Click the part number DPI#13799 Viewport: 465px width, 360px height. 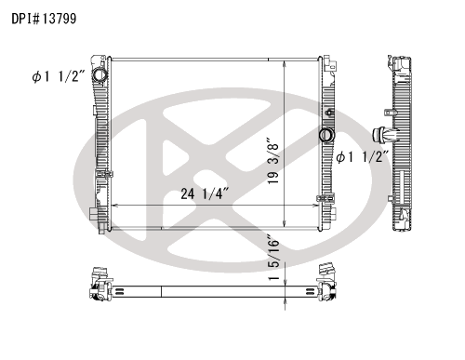pyautogui.click(x=44, y=19)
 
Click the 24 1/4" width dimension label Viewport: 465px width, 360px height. pyautogui.click(x=205, y=193)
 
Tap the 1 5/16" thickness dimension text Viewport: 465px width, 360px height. pyautogui.click(x=273, y=258)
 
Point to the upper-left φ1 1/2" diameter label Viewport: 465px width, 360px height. pyautogui.click(x=59, y=76)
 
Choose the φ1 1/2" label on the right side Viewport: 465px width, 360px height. pyautogui.click(x=363, y=157)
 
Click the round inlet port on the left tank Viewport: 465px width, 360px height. pyautogui.click(x=100, y=75)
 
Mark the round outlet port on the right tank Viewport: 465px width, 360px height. pyautogui.click(x=325, y=135)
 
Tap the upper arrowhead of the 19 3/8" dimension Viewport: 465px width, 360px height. pyautogui.click(x=285, y=63)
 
